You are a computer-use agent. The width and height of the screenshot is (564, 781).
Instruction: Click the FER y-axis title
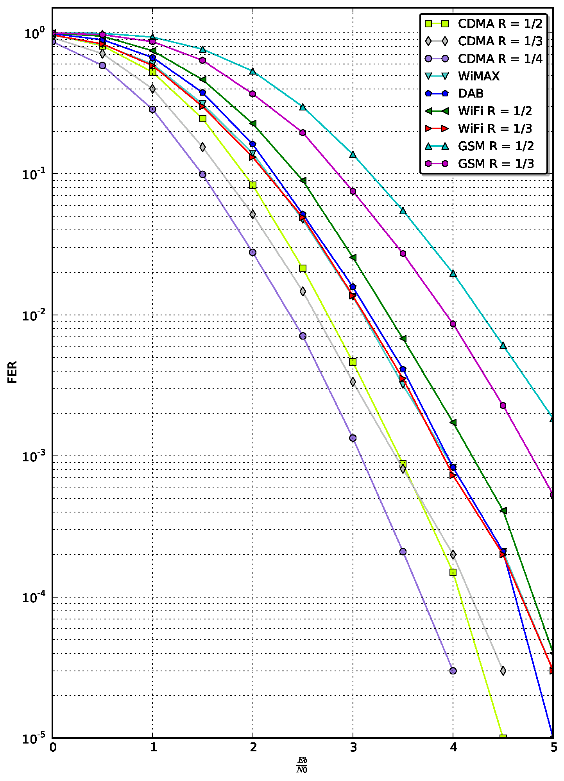coord(13,372)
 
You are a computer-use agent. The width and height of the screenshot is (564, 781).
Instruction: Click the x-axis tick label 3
coord(353,747)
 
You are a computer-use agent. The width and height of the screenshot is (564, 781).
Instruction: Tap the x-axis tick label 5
coord(553,747)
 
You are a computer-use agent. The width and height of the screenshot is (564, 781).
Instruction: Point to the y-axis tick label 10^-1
coord(34,174)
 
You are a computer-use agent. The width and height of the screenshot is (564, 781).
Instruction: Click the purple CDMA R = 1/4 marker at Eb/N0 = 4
coord(453,671)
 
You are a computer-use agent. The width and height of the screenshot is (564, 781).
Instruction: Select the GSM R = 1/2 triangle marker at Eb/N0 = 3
coord(353,155)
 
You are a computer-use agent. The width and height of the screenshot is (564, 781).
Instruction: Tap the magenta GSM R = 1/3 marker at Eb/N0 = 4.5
coord(503,406)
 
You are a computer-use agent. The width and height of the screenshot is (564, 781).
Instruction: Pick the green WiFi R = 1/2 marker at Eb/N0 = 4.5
coord(503,511)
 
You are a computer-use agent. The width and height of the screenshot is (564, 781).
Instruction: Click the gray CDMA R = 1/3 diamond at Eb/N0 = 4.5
coord(503,671)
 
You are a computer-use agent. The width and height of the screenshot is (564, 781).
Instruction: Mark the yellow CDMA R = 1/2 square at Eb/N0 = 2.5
coord(303,268)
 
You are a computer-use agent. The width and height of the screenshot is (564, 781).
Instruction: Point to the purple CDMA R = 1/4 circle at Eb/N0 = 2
coord(252,253)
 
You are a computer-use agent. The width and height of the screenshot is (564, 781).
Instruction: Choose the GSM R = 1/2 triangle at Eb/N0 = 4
coord(453,273)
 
